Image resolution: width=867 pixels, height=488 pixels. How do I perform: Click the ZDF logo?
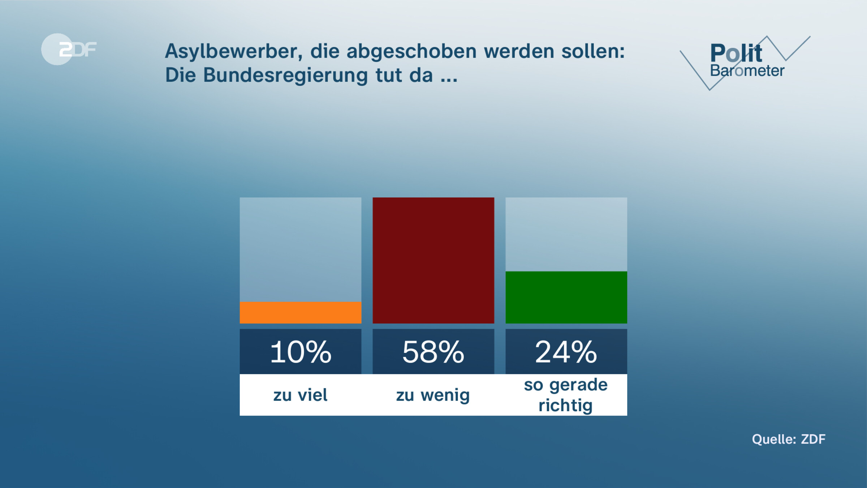[x=69, y=49]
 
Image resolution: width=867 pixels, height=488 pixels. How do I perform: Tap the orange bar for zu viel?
[x=300, y=313]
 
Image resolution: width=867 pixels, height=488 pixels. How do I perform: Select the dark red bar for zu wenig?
[x=433, y=260]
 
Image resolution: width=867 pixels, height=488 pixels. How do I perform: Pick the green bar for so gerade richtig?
[x=566, y=297]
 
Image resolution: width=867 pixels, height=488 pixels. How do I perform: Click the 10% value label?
[x=300, y=352]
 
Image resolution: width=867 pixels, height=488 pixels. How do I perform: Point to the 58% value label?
[x=433, y=352]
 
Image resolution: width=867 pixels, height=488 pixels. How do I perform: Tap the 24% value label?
[x=566, y=352]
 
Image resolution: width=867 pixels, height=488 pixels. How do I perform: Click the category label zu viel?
[x=300, y=395]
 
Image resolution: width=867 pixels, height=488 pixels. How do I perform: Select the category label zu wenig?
[x=433, y=395]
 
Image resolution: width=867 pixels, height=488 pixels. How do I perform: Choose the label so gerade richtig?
[x=566, y=395]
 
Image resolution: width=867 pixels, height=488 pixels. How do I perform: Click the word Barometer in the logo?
[x=747, y=71]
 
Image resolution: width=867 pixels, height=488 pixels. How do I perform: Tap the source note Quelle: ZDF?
[x=789, y=439]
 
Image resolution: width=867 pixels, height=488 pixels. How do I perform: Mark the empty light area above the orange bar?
[x=300, y=249]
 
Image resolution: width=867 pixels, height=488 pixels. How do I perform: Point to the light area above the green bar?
[x=566, y=234]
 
